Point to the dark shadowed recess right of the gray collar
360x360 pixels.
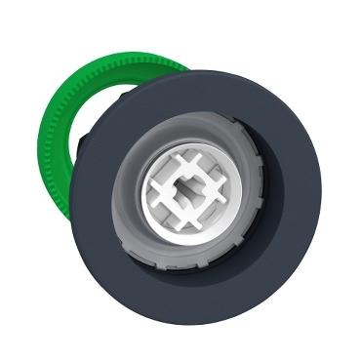271,195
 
